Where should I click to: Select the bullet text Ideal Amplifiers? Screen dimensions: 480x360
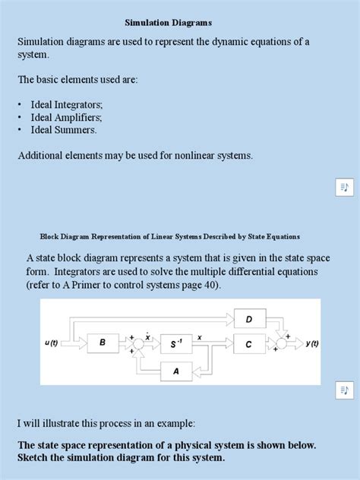67,117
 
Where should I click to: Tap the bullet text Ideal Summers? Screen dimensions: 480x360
64,130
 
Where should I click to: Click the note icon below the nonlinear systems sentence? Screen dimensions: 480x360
344,188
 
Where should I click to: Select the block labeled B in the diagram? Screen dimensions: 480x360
103,343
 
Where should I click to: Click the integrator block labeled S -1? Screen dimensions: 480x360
175,344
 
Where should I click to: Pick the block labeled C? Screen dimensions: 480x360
248,344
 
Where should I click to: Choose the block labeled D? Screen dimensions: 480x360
248,320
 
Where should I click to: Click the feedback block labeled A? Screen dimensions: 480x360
175,371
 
